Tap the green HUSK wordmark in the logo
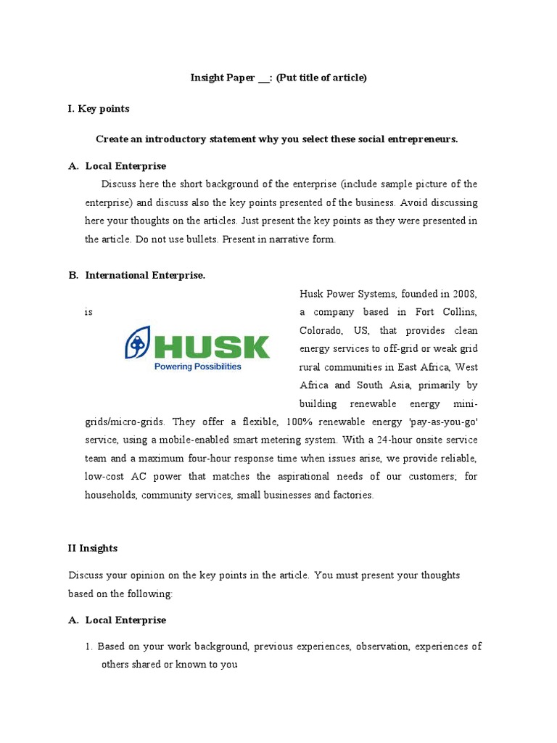pos(211,347)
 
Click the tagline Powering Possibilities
pos(197,367)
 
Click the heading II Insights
pos(93,549)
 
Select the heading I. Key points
pos(99,109)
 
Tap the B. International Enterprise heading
pos(137,275)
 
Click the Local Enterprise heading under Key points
pos(125,166)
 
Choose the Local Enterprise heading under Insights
pos(125,620)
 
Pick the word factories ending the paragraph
pos(352,495)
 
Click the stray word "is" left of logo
pos(88,312)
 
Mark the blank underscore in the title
pos(263,78)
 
